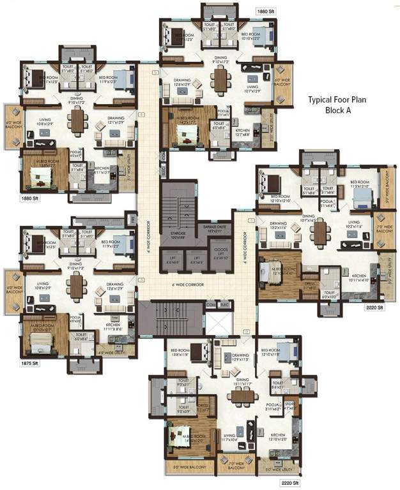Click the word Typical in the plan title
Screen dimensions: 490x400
(x=319, y=100)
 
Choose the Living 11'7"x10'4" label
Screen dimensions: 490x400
(x=229, y=438)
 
